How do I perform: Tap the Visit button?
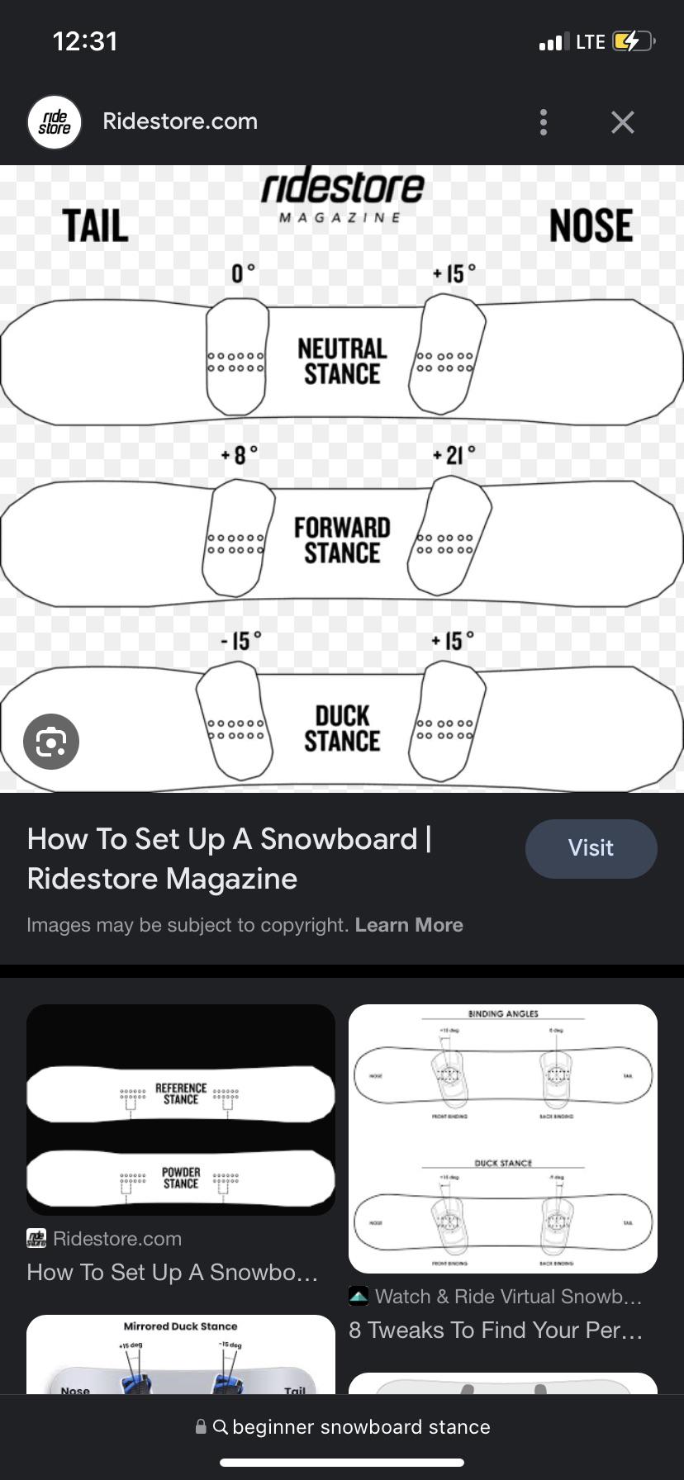click(x=591, y=848)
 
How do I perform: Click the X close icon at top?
click(x=622, y=122)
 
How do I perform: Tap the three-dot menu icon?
click(x=543, y=122)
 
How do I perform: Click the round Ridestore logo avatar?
click(x=55, y=122)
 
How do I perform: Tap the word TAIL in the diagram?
click(x=96, y=226)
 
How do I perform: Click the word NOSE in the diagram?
click(x=591, y=226)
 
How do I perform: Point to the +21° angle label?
click(x=454, y=455)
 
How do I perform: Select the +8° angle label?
click(x=240, y=455)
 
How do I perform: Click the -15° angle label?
click(x=240, y=641)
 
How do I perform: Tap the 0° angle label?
click(x=243, y=273)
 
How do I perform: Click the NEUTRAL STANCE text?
click(x=342, y=361)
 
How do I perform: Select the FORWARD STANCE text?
click(x=342, y=540)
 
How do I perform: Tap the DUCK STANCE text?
click(x=342, y=728)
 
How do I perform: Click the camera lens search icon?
click(x=51, y=742)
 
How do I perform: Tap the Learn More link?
click(x=409, y=925)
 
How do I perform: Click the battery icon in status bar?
click(x=633, y=41)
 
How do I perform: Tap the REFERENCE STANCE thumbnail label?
click(x=181, y=1093)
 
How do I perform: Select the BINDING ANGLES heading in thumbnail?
click(x=503, y=1013)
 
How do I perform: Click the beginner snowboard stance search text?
click(x=361, y=1426)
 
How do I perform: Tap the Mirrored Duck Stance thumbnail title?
click(x=180, y=1326)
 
